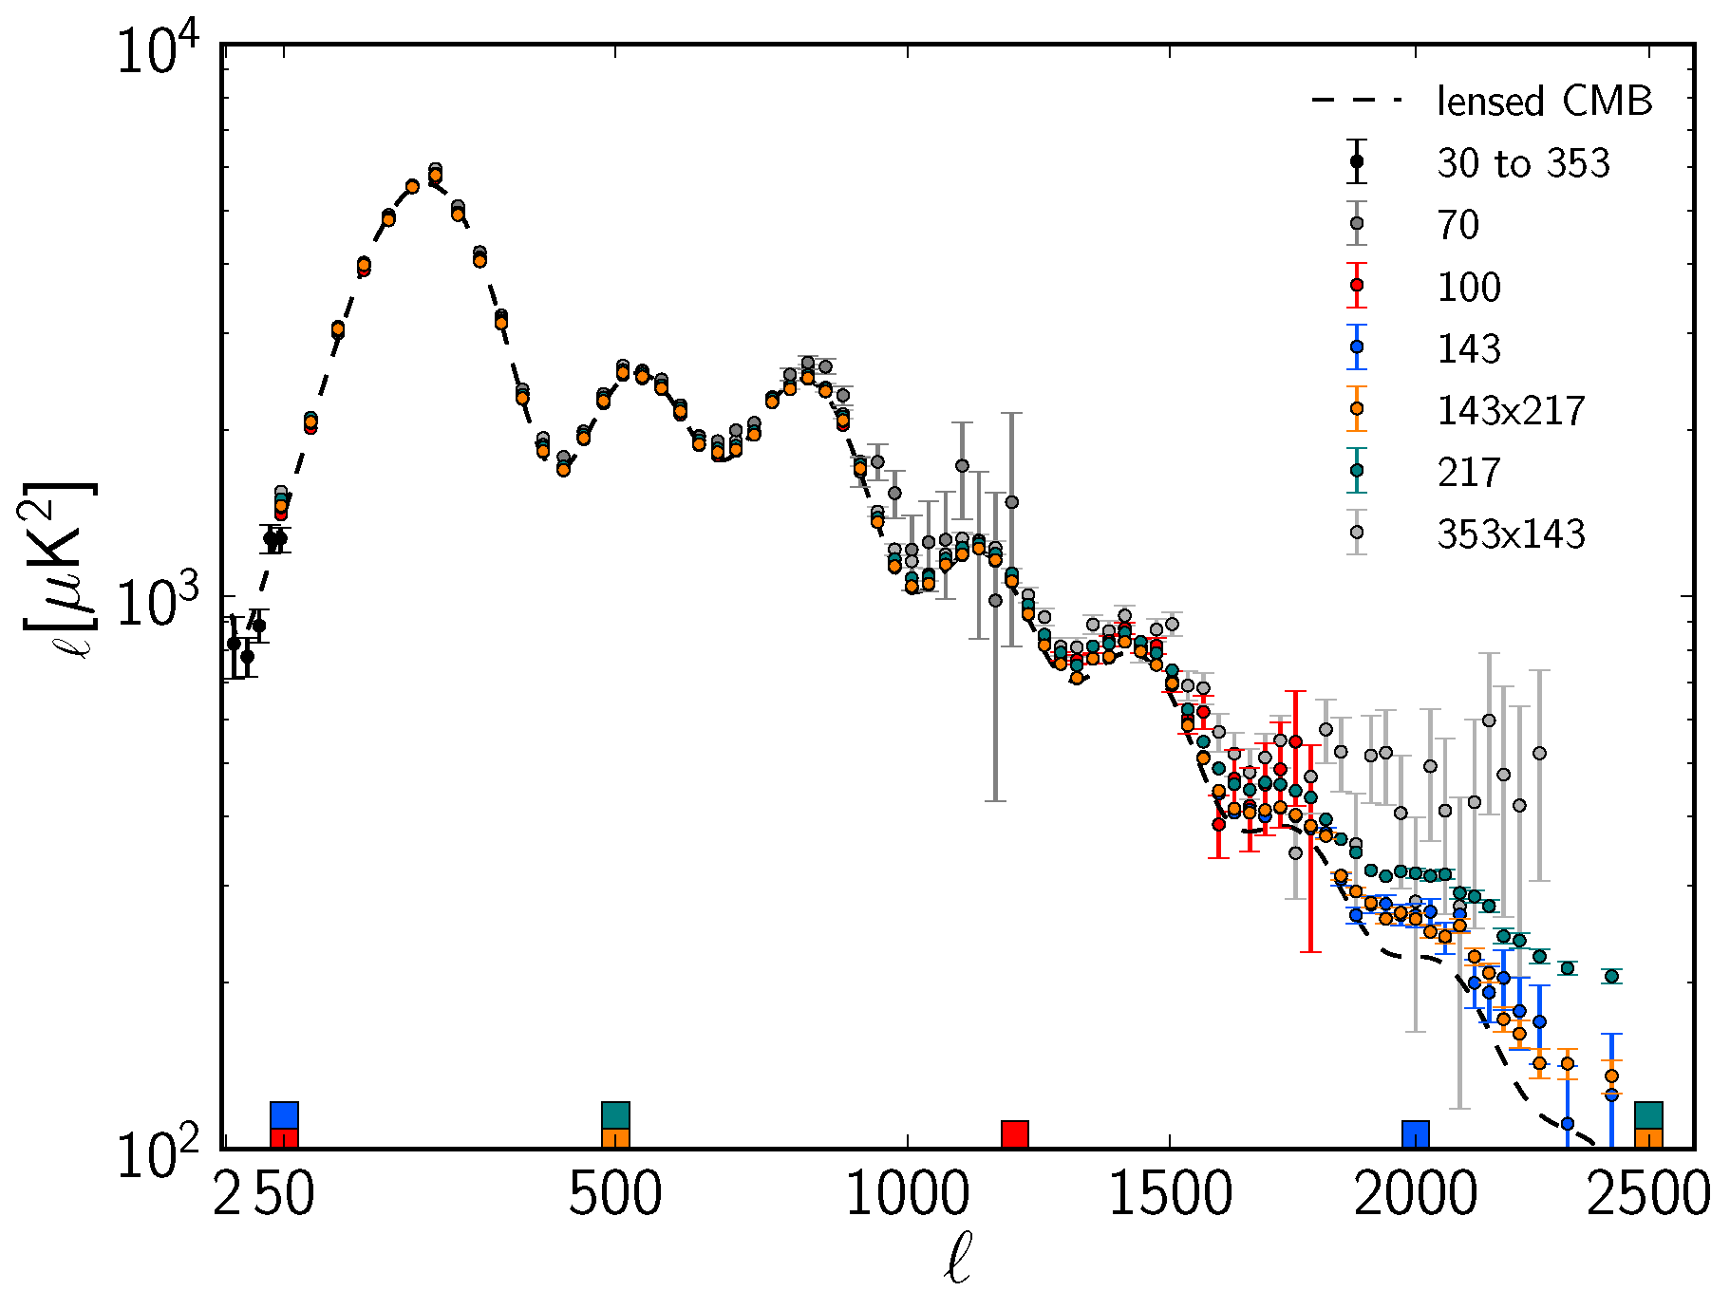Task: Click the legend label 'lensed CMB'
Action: (1544, 102)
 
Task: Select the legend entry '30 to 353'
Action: (1523, 163)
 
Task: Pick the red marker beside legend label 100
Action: (1357, 285)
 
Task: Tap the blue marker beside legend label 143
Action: (1357, 347)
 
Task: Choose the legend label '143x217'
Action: (1511, 410)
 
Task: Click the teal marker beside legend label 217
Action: (1357, 470)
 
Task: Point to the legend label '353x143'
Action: (1511, 534)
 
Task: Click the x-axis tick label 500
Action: (614, 1194)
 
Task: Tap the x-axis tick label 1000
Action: (907, 1194)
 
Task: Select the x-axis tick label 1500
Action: (1170, 1194)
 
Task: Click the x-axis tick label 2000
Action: (1415, 1194)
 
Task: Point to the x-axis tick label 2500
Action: (1648, 1194)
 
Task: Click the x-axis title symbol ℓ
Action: (957, 1260)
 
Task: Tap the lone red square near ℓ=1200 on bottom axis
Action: (1015, 1134)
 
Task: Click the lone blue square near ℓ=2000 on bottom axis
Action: (1416, 1134)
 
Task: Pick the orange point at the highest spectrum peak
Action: (435, 177)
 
